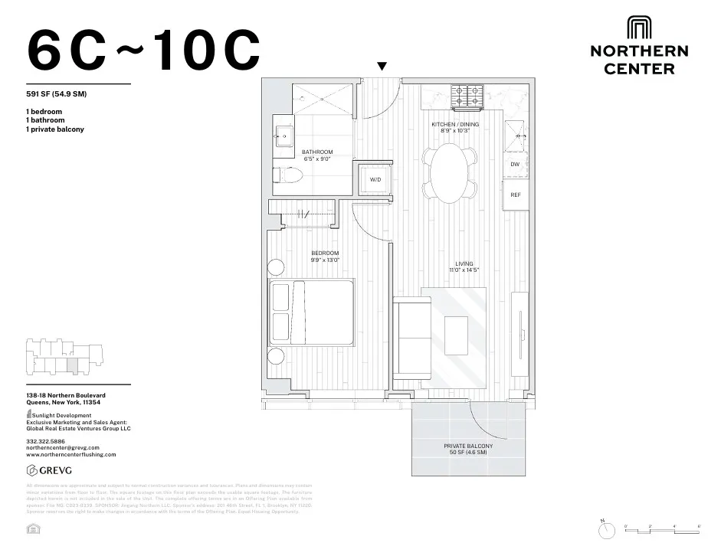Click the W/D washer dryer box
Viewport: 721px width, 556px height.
(376, 179)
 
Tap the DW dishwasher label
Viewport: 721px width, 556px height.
(516, 165)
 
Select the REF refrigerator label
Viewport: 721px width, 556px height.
(516, 195)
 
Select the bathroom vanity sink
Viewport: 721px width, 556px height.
(283, 136)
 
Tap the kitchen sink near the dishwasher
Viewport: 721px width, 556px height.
(516, 136)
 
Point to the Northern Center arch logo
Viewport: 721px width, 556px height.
(638, 28)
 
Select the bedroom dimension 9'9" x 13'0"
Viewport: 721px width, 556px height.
(325, 260)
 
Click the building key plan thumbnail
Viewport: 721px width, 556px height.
(65, 355)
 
